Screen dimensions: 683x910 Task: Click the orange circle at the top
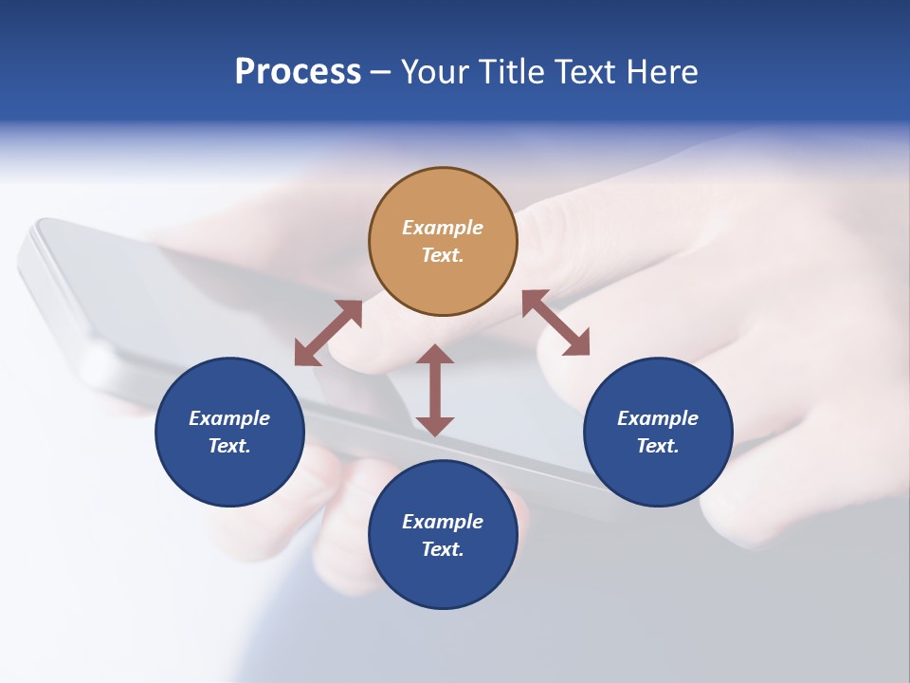point(443,242)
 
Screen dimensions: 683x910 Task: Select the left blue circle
point(229,432)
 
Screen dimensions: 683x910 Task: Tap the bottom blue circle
point(443,535)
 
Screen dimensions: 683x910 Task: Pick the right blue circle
point(658,432)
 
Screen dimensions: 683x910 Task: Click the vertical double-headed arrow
point(435,390)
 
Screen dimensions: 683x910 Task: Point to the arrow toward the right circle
point(555,323)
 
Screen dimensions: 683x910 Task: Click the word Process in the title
point(298,72)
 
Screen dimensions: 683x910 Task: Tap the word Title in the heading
point(513,72)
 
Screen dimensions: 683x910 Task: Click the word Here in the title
point(663,72)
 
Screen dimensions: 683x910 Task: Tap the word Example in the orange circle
point(443,228)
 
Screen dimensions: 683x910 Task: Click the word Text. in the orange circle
point(443,256)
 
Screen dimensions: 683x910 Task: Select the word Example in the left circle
point(229,418)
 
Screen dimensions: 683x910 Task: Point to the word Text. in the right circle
point(658,446)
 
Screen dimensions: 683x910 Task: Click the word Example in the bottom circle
point(443,522)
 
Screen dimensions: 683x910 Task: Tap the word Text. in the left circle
point(229,446)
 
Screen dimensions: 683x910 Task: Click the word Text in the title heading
point(586,72)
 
